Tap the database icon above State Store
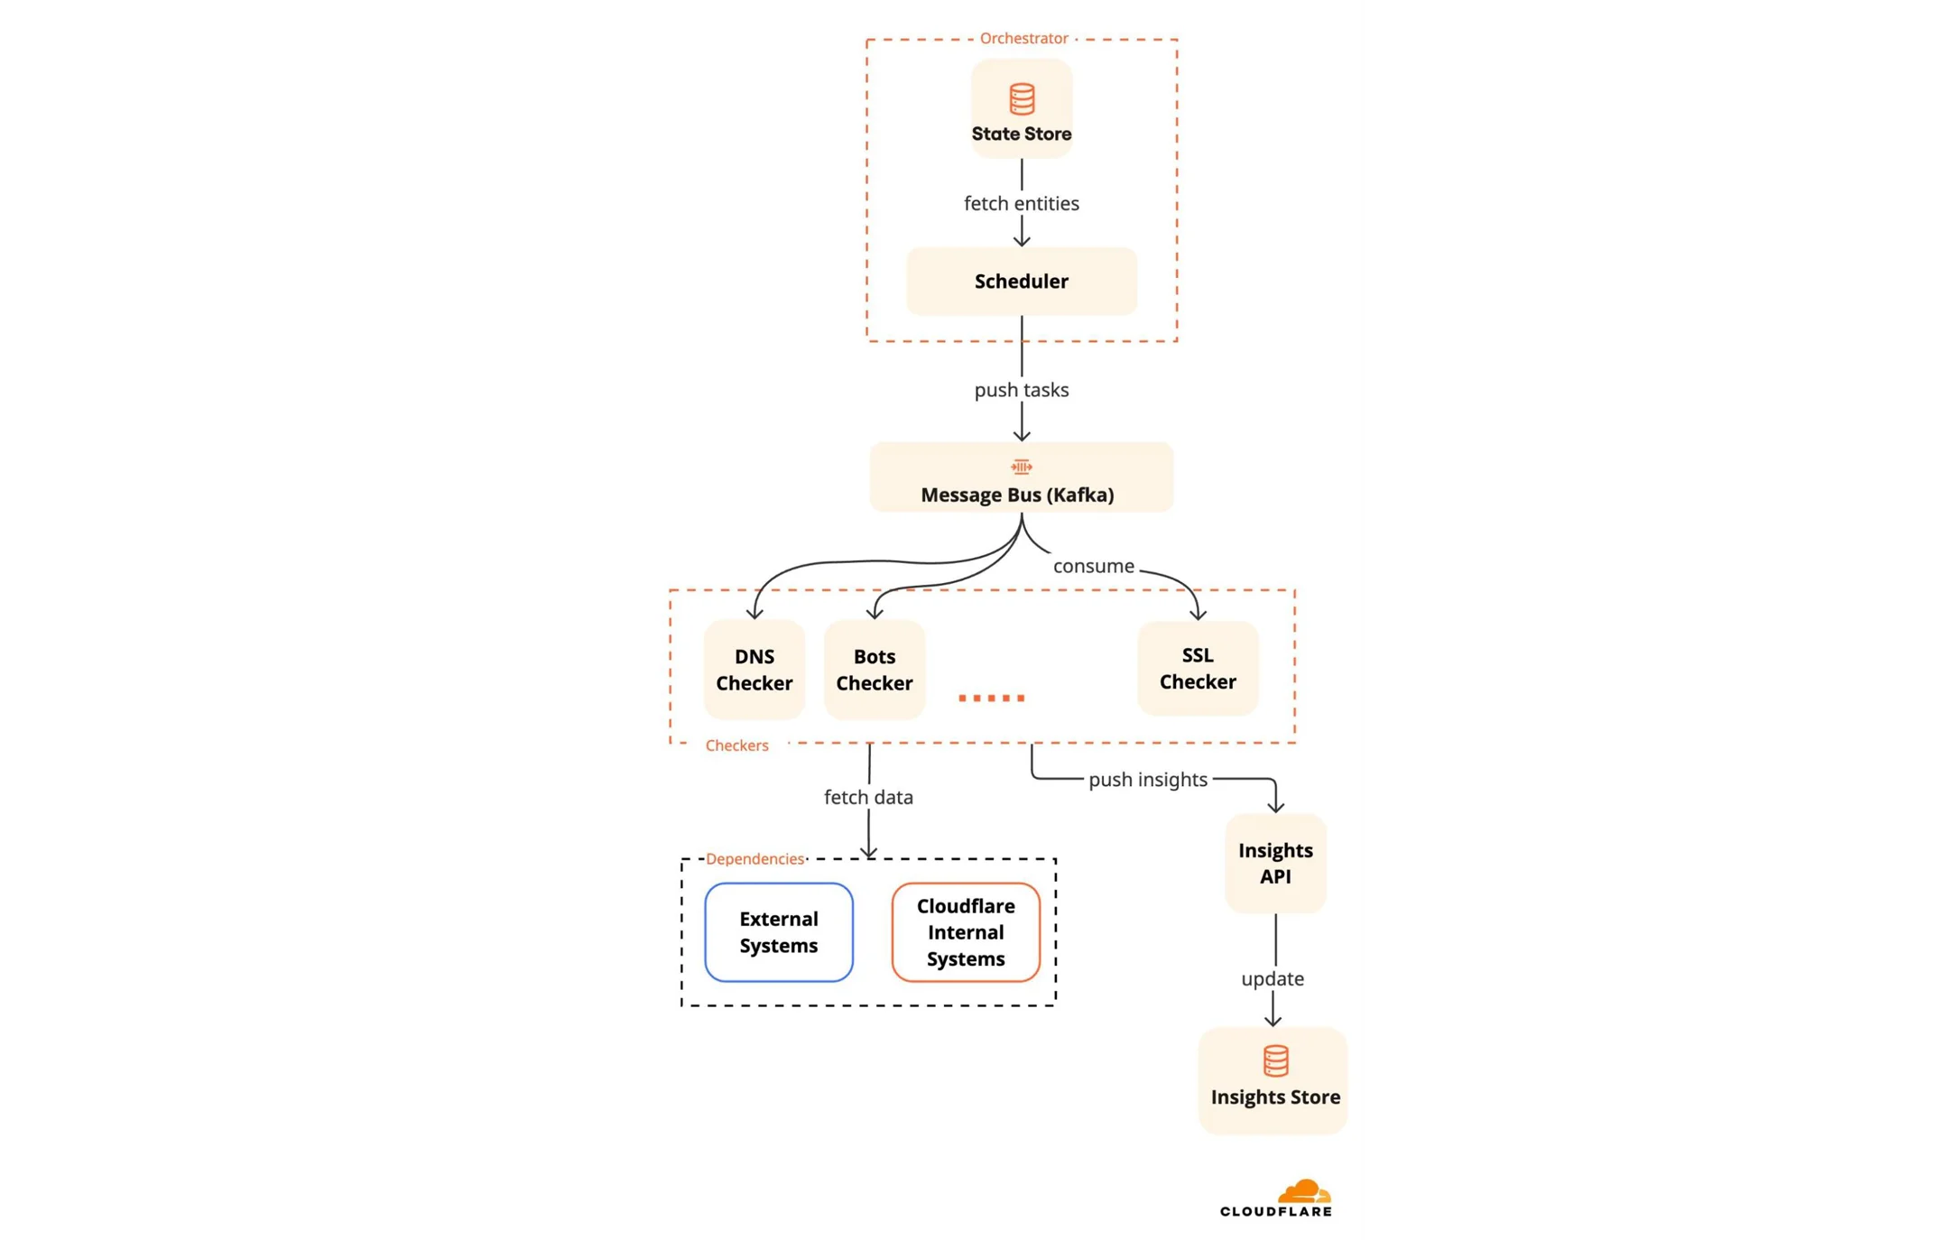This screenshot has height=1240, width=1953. tap(1021, 98)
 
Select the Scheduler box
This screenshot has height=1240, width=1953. tap(1021, 281)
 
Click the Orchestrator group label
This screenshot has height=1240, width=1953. tap(1023, 38)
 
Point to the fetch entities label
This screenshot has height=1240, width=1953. tap(1021, 203)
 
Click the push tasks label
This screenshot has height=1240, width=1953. tap(1021, 390)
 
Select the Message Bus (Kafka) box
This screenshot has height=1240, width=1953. tap(1021, 478)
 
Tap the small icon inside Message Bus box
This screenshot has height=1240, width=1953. tap(1021, 467)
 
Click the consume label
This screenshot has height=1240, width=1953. tap(1093, 566)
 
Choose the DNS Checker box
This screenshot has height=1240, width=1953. tap(754, 669)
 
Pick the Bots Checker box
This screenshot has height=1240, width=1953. tap(874, 669)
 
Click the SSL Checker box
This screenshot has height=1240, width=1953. tap(1197, 668)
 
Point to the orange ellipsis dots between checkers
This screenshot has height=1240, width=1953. tap(991, 698)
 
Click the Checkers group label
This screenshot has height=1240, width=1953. tap(736, 745)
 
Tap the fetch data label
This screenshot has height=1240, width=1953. tap(868, 797)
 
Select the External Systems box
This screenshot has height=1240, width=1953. tap(778, 931)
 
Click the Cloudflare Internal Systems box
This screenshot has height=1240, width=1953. tap(965, 931)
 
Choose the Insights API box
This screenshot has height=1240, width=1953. tap(1274, 863)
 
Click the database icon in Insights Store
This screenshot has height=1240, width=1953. tap(1274, 1060)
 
